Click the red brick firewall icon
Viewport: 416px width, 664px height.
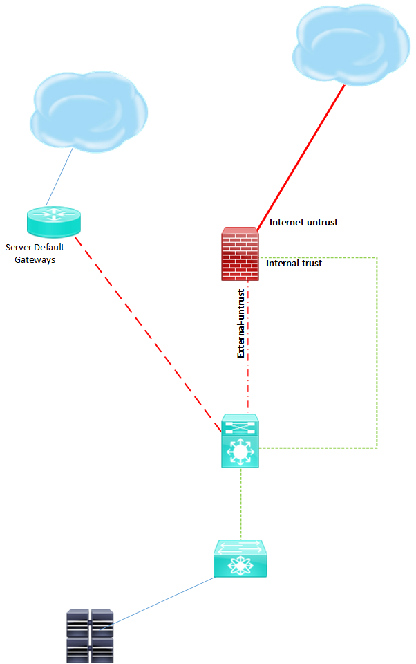[x=240, y=254]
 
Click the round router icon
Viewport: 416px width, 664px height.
[x=54, y=220]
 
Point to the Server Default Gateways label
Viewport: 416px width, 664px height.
[x=35, y=253]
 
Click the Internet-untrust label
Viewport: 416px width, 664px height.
[x=303, y=223]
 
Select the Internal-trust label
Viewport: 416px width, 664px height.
[x=294, y=263]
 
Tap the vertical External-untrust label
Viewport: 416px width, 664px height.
[x=241, y=323]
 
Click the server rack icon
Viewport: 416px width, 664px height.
[x=90, y=636]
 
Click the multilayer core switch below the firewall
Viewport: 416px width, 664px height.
[x=240, y=441]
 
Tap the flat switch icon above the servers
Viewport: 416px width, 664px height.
[x=240, y=559]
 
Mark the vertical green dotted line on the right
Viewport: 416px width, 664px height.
[x=377, y=353]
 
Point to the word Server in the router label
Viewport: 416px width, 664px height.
[x=19, y=247]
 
